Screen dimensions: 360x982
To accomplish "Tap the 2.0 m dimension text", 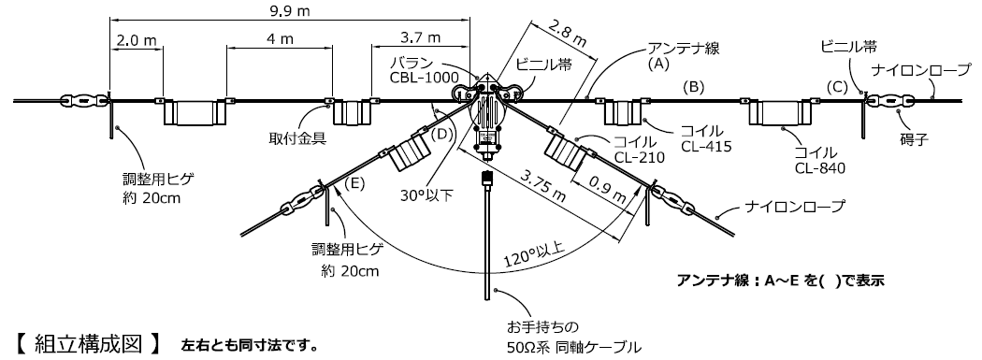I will (x=137, y=41).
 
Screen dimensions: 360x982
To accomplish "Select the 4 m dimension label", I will (x=278, y=41).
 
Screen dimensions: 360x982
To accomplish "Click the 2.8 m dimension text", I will (x=568, y=34).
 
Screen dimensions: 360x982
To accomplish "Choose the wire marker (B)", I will (x=693, y=87).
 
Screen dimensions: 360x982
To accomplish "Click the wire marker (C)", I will (x=839, y=87).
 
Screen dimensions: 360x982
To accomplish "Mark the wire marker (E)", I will (x=355, y=184).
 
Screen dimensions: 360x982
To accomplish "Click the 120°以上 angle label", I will (x=534, y=252).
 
